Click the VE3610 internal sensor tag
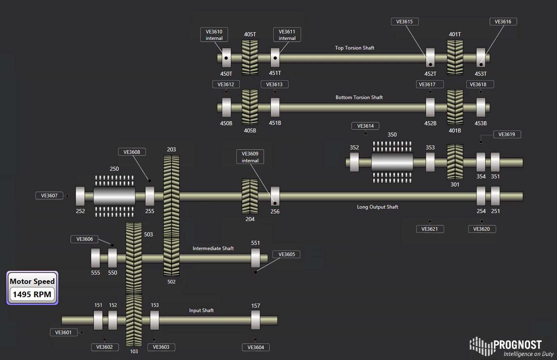pos(214,35)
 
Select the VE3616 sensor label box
pos(503,22)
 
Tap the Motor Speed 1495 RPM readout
pos(32,288)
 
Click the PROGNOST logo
pos(511,347)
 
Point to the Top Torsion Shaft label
pos(354,48)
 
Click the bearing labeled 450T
pos(226,58)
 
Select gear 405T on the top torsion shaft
pos(250,58)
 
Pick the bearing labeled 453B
pos(481,108)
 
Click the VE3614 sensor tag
pos(365,126)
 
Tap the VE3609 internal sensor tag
pos(250,157)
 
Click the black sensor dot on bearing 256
pos(275,203)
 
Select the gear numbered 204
pos(250,196)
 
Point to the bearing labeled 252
pos(80,196)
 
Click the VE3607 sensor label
pos(49,196)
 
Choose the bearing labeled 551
pos(256,258)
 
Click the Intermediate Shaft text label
pos(213,248)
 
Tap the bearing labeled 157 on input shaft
pos(256,320)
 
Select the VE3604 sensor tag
pos(256,348)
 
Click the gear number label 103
pos(134,351)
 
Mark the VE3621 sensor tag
pos(430,229)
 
